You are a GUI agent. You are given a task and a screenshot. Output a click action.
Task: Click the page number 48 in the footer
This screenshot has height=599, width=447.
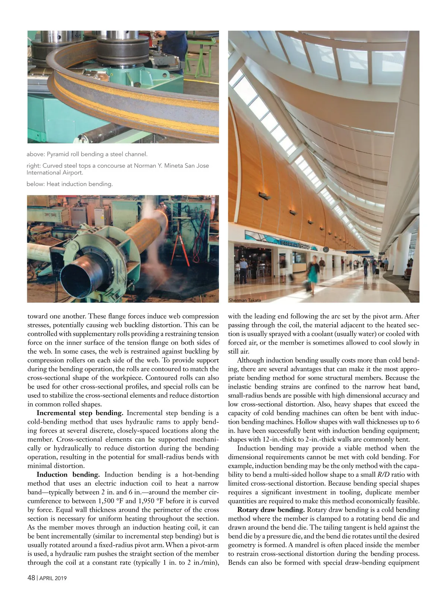[x=31, y=578]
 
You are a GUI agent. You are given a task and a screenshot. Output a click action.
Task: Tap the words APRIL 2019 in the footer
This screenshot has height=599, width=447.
[x=53, y=578]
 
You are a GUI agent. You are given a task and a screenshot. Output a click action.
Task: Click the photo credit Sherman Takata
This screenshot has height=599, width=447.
[x=245, y=300]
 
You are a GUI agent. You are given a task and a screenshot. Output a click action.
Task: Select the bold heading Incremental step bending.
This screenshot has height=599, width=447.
[x=80, y=413]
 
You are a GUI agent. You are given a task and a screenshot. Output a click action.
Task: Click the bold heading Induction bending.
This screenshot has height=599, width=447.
[x=68, y=474]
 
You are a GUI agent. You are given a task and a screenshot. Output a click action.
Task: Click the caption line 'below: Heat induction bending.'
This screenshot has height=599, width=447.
[x=70, y=184]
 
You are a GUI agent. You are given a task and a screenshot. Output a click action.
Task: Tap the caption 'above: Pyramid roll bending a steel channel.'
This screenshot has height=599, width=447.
[x=87, y=154]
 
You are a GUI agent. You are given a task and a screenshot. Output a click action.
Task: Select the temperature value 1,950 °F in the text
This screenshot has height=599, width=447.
[x=156, y=501]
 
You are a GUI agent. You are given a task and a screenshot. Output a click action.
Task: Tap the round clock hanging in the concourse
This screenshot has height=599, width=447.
[x=326, y=249]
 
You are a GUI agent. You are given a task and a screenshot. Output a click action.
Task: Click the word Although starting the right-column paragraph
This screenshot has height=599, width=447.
[x=254, y=360]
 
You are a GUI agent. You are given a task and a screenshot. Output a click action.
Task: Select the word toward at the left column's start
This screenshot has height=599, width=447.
[x=38, y=316]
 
